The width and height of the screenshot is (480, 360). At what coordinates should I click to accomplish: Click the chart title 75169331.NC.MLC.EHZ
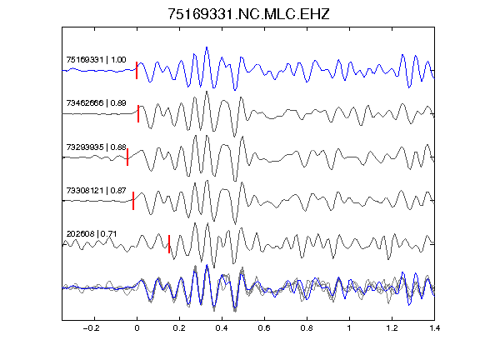[x=248, y=14]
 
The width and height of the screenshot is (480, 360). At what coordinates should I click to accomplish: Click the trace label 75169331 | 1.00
[x=96, y=59]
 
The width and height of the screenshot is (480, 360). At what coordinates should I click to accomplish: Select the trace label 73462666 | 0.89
[x=96, y=102]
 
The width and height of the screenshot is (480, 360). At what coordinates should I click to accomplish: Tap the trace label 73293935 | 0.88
[x=96, y=147]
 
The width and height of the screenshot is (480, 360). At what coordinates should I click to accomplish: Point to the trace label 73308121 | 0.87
[x=96, y=190]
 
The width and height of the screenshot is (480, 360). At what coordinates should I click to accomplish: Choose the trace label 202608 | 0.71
[x=92, y=234]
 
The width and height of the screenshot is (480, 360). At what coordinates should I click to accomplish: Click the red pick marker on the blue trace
[x=137, y=70]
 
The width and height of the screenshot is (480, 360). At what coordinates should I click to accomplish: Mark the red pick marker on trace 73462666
[x=138, y=114]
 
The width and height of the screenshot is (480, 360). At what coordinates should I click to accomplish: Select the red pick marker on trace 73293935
[x=127, y=157]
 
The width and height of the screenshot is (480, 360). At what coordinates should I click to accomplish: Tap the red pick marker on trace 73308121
[x=133, y=201]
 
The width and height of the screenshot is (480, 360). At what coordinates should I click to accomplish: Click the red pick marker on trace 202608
[x=169, y=244]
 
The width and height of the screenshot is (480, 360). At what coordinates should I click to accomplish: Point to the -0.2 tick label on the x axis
[x=92, y=328]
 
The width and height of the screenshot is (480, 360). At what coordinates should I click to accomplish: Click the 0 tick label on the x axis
[x=137, y=328]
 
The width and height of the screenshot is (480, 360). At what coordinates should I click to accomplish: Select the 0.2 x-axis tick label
[x=179, y=328]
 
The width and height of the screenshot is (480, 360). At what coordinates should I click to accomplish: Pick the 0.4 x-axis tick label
[x=222, y=328]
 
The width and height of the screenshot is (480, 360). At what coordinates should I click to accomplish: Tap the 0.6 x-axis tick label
[x=264, y=328]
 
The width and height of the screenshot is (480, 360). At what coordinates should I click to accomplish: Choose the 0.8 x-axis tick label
[x=307, y=328]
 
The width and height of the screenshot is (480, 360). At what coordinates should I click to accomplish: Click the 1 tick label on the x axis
[x=349, y=328]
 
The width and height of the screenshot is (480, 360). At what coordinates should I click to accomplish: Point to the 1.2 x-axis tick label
[x=392, y=328]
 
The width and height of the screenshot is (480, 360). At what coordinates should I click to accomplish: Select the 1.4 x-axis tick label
[x=434, y=328]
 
